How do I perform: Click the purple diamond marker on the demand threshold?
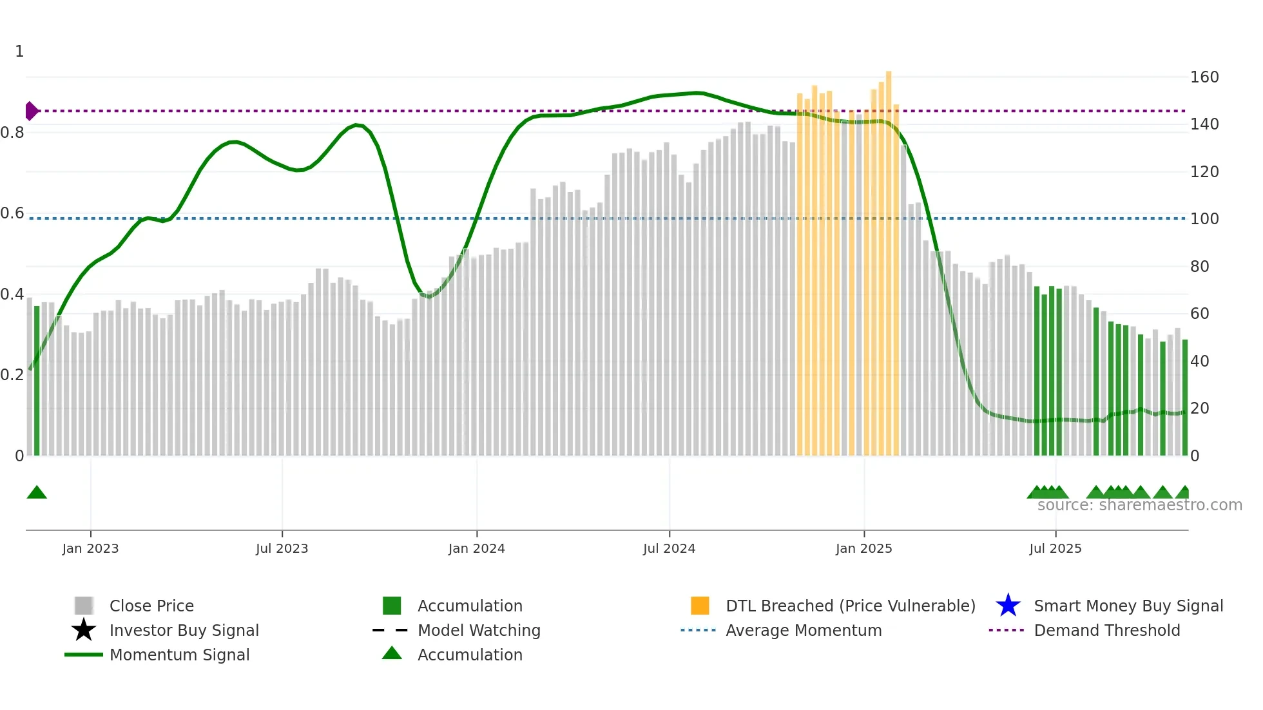[x=31, y=111]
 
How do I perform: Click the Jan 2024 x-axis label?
[x=476, y=548]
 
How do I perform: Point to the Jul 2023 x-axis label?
[x=282, y=548]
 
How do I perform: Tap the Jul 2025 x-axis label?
[x=1055, y=548]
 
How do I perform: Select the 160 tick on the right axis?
[x=1204, y=77]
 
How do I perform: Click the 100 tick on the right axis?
[x=1204, y=219]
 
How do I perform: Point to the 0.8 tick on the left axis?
[x=12, y=133]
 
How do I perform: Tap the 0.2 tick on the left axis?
[x=12, y=375]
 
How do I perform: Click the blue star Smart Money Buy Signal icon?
[x=1008, y=606]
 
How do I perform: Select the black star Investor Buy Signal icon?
[x=84, y=630]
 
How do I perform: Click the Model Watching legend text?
[x=479, y=630]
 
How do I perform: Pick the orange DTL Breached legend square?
[x=700, y=606]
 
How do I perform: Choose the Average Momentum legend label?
[x=804, y=630]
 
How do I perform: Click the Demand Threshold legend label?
[x=1106, y=630]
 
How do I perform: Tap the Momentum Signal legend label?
[x=179, y=655]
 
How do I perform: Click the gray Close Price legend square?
[x=84, y=606]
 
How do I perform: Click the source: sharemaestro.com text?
[x=1139, y=505]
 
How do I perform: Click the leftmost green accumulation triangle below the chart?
[x=37, y=492]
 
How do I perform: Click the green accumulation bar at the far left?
[x=37, y=380]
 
